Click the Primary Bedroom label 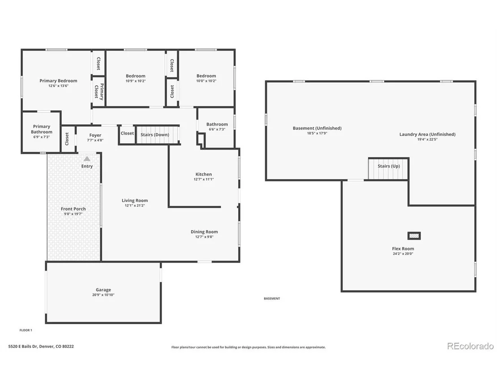coord(58,81)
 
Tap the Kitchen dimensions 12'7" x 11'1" coord(204,179)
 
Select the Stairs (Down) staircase coord(157,135)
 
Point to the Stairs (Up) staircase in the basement coord(388,169)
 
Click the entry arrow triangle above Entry coord(87,158)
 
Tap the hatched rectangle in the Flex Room coord(414,236)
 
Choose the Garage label coord(103,290)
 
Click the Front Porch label coord(73,209)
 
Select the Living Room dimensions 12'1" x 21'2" coord(135,206)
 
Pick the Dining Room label coord(204,232)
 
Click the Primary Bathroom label coord(42,129)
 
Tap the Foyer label coord(95,135)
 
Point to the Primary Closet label coord(99,92)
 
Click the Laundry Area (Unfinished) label coord(427,134)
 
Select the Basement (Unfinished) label coord(317,128)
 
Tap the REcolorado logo coord(471,346)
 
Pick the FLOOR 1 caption coord(26,330)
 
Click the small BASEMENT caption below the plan coord(272,298)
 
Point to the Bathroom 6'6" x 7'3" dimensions coord(217,129)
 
